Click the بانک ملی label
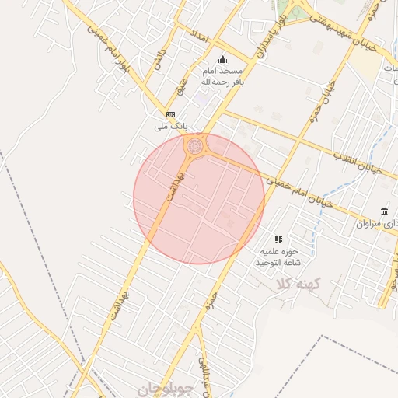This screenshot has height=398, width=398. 170,125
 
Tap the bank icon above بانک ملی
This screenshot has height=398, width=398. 170,113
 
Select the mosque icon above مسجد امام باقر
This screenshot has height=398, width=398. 223,60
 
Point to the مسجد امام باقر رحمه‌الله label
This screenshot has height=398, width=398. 217,75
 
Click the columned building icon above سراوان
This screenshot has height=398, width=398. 385,211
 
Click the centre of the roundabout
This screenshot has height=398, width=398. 194,145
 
